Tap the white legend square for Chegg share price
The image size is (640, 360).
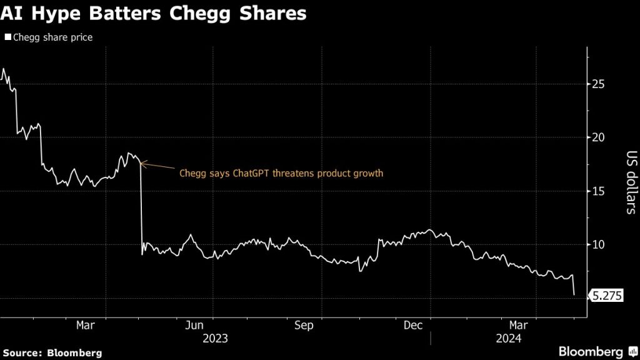(7, 37)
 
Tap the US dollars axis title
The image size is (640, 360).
(630, 182)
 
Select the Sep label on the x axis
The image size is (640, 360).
(304, 325)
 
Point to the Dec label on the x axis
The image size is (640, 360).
(414, 325)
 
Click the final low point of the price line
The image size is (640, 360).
(574, 294)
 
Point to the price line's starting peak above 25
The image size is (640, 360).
(4, 69)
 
